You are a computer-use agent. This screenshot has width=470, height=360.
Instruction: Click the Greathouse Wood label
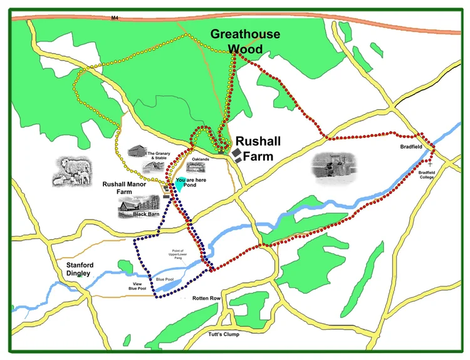[245, 41]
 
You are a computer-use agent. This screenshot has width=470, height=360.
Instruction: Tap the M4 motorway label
[114, 18]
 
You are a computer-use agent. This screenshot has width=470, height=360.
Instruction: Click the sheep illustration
[72, 171]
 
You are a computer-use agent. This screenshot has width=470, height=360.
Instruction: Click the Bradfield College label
[426, 174]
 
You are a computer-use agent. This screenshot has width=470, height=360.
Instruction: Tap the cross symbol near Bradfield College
[431, 164]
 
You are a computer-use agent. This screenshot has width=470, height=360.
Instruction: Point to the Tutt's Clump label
[223, 335]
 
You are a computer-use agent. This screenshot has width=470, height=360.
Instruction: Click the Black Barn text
[145, 214]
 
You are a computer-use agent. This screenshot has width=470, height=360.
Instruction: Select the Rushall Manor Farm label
[123, 188]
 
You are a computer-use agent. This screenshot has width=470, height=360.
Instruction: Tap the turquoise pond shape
[180, 184]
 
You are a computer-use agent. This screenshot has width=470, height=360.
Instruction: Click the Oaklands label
[201, 159]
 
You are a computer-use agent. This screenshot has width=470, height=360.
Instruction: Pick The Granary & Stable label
[160, 156]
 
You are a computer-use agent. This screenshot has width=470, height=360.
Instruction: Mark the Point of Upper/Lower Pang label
[177, 255]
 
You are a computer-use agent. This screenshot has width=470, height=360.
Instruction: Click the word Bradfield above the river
[412, 147]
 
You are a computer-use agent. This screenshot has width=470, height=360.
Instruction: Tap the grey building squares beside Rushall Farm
[237, 156]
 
